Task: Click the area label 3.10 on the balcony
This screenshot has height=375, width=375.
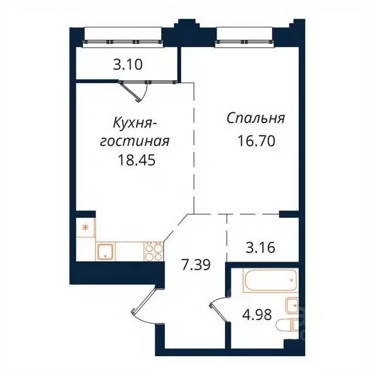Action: click(127, 65)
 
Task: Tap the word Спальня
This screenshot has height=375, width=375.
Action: click(256, 119)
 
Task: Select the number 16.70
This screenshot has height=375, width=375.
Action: click(256, 141)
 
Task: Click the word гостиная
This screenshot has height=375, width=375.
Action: click(136, 142)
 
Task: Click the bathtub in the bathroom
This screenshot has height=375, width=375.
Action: click(270, 281)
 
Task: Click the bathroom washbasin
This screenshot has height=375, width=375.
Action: click(292, 305)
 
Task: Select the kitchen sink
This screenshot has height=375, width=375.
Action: click(106, 251)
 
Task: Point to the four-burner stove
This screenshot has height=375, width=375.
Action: click(154, 251)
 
